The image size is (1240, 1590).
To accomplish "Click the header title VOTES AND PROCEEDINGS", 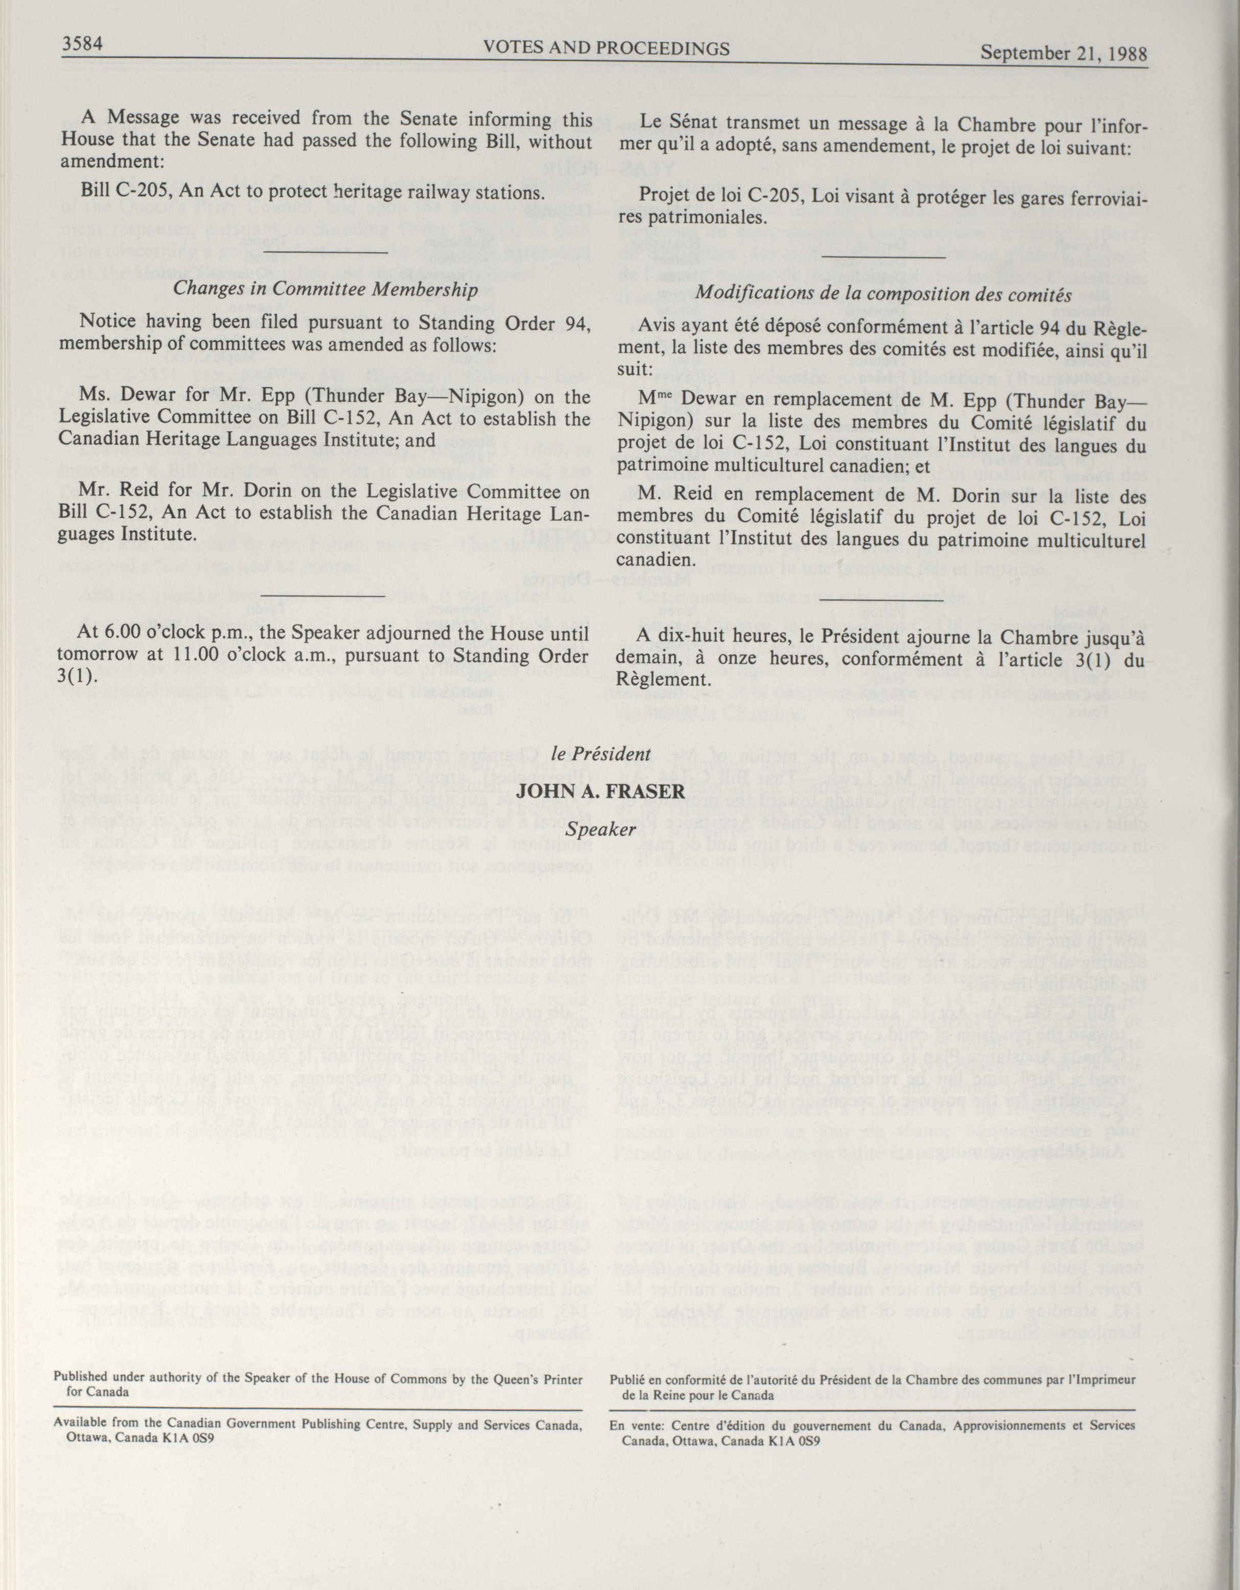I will pos(606,49).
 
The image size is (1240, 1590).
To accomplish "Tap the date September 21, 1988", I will pos(1063,53).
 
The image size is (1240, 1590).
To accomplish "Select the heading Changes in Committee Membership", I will pos(326,289).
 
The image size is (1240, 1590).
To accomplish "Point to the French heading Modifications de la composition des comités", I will pos(884,295).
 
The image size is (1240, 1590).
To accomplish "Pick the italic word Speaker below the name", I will pos(610,829).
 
